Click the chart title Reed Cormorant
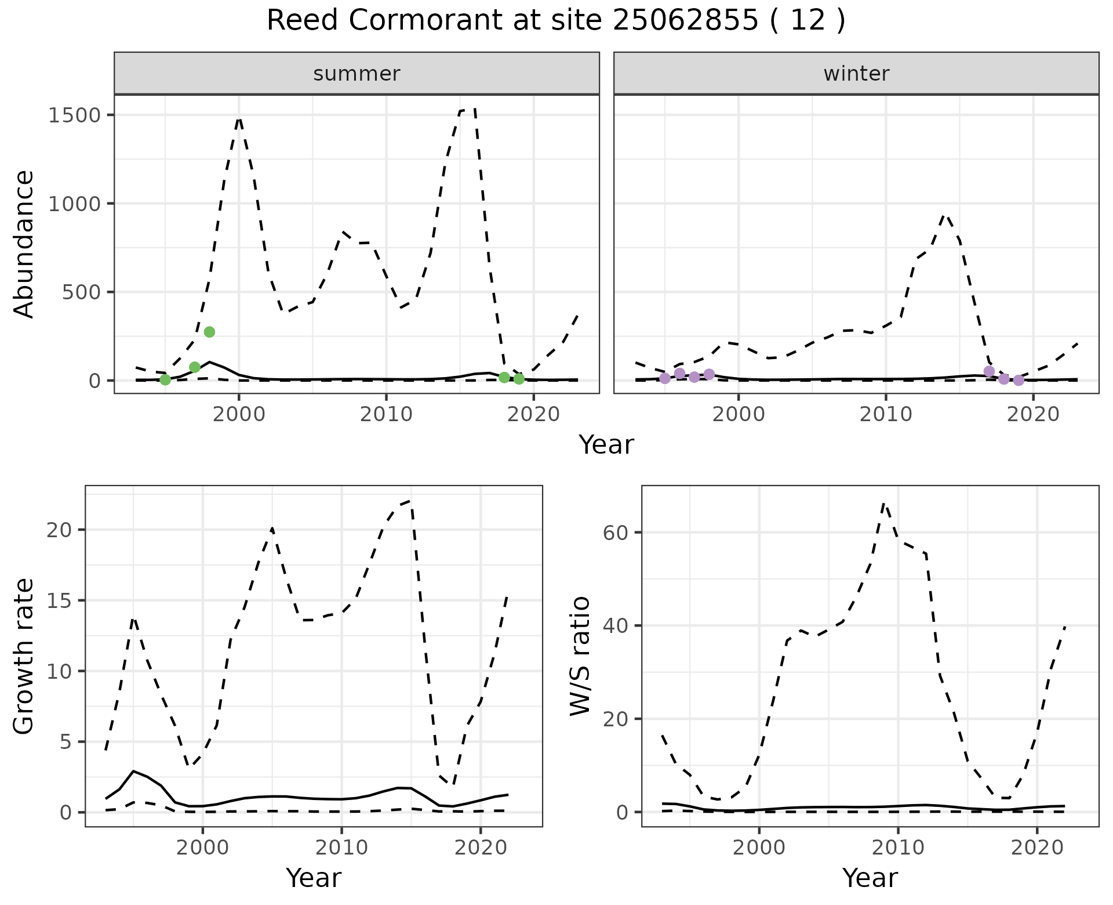(555, 21)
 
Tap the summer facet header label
(357, 74)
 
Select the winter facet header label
(856, 74)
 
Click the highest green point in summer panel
(209, 332)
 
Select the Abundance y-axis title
(24, 244)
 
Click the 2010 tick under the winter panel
(885, 414)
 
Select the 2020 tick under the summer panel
(533, 414)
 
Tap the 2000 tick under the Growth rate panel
(202, 848)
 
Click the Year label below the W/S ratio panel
(870, 878)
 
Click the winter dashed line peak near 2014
(945, 216)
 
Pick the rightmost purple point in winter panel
(1019, 380)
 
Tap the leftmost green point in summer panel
(165, 379)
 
